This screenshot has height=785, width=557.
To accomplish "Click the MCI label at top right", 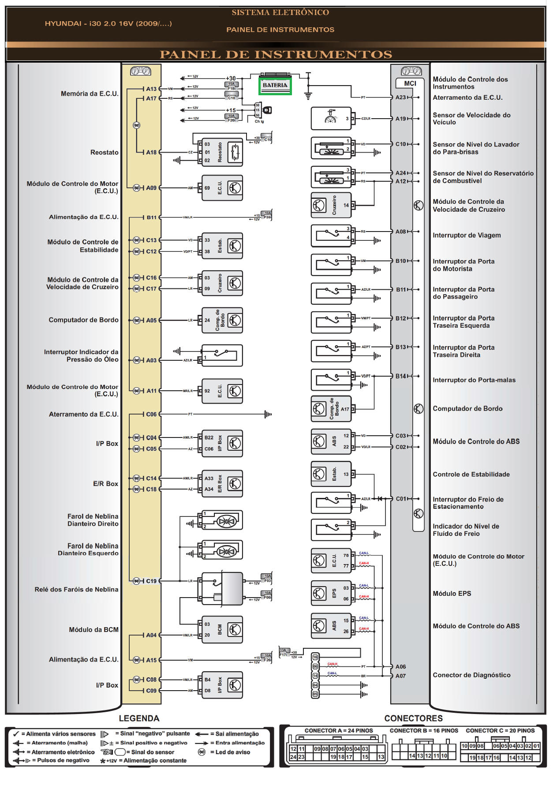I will click(410, 83).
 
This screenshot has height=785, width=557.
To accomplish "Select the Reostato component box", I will click(222, 152).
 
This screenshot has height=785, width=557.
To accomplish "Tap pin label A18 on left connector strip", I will click(151, 152).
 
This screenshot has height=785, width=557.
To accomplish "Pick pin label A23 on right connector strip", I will click(400, 97).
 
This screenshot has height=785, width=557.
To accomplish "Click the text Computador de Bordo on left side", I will click(83, 320).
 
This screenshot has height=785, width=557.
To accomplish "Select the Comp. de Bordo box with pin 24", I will click(222, 320).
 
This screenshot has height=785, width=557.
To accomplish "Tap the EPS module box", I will click(331, 593).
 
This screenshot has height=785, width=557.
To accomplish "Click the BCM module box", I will click(222, 629).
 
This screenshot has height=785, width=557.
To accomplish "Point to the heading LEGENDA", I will click(139, 718).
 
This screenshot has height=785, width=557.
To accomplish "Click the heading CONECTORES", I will click(413, 718).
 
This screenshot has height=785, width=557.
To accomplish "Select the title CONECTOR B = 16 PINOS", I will click(423, 731).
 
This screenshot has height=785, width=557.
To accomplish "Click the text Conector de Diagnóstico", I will click(471, 675).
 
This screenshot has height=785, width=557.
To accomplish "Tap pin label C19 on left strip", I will click(151, 581).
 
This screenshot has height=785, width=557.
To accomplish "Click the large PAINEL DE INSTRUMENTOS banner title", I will click(276, 55).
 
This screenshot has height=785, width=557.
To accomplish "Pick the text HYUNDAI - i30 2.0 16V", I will click(108, 24).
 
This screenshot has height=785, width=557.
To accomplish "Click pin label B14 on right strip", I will click(400, 376).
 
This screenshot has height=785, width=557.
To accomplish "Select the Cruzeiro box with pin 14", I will click(331, 205).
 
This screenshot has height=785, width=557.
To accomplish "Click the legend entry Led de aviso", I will click(232, 752).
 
